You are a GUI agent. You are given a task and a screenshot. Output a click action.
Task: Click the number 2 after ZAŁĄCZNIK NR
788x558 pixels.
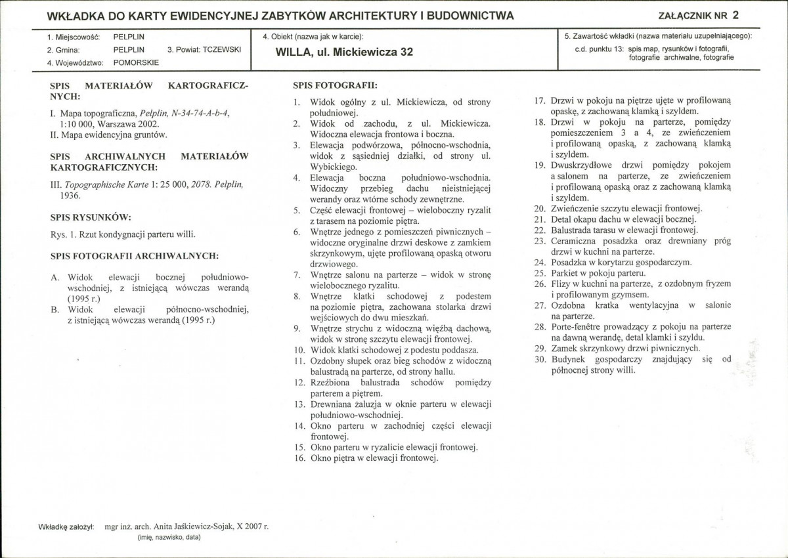[x=735, y=15]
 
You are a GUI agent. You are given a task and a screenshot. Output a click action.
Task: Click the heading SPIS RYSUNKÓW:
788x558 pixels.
[x=91, y=217]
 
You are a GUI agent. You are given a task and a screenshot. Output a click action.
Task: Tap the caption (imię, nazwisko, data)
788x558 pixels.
[x=169, y=537]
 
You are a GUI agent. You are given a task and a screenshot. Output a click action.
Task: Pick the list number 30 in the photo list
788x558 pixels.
[x=540, y=360]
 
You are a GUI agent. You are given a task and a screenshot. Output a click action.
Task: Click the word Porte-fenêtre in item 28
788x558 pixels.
[x=576, y=326]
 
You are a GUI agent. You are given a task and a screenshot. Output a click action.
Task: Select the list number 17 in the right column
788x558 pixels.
[x=540, y=100]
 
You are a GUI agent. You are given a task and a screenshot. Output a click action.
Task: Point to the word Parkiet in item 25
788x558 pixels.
[x=565, y=272]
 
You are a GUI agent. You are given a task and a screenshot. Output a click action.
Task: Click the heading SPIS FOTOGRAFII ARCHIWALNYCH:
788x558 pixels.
[x=135, y=255]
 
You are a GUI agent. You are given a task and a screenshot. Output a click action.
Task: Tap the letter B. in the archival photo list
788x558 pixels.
[x=55, y=309]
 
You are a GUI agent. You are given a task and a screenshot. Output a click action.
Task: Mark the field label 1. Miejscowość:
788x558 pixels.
[x=73, y=38]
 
